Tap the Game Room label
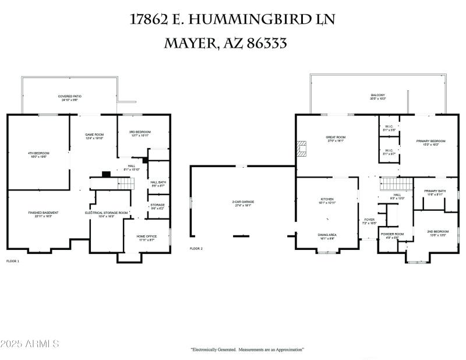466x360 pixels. tap(94, 136)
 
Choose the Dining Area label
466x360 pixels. tap(327, 236)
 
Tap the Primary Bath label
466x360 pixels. tap(435, 192)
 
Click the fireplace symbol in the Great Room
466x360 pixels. tap(302, 149)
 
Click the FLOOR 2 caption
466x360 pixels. tap(196, 249)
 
